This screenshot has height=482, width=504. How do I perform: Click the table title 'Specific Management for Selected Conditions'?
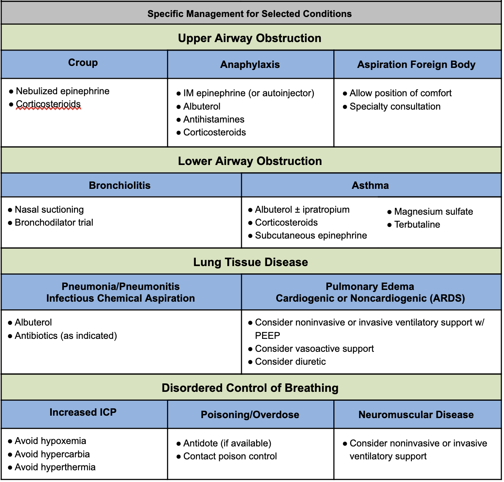pyautogui.click(x=250, y=14)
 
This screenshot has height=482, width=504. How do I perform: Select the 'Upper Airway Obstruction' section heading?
pyautogui.click(x=250, y=38)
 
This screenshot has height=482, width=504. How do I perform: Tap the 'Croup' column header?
pyautogui.click(x=83, y=63)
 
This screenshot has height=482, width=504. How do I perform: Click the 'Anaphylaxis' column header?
pyautogui.click(x=250, y=64)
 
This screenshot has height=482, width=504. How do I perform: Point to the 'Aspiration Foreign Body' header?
pyautogui.click(x=416, y=64)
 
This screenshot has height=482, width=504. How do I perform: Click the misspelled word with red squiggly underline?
pyautogui.click(x=48, y=104)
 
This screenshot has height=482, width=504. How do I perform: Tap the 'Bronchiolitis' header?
pyautogui.click(x=120, y=185)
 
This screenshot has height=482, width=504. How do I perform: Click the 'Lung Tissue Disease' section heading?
pyautogui.click(x=250, y=262)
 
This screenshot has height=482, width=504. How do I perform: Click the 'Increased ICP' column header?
pyautogui.click(x=83, y=412)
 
